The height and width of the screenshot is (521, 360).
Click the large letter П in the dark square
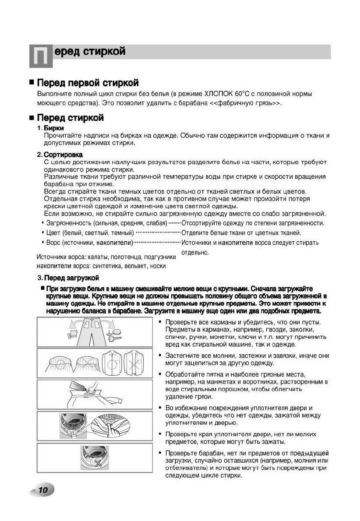pyautogui.click(x=41, y=56)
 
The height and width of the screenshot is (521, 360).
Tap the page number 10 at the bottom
pyautogui.click(x=42, y=489)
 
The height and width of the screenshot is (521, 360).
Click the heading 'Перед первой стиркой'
pyautogui.click(x=88, y=83)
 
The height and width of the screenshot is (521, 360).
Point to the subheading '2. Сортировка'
pyautogui.click(x=60, y=155)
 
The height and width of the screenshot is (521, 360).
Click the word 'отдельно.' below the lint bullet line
pyautogui.click(x=195, y=252)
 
